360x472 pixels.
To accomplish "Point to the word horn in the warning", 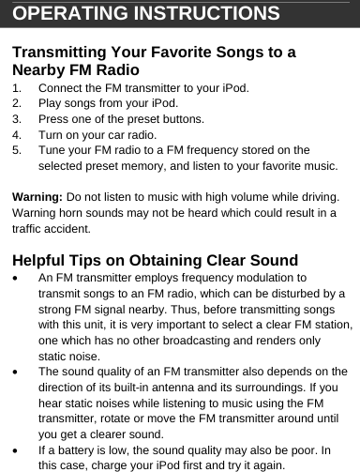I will click(x=76, y=213).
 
